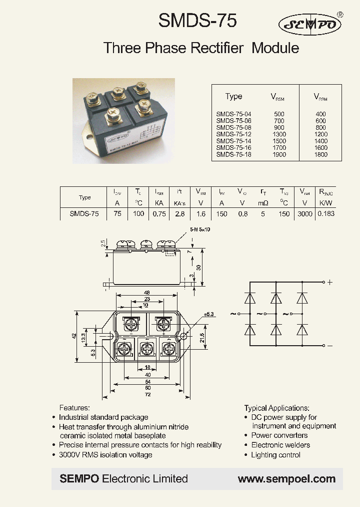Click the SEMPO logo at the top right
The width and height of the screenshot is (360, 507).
coord(310,24)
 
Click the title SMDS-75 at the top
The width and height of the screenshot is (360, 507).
coord(197,21)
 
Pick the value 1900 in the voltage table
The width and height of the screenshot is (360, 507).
coord(279,155)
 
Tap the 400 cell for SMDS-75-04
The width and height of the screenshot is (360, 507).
coord(320,114)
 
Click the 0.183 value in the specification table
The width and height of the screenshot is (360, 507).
coord(325,213)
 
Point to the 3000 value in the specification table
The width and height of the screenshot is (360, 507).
coord(304,213)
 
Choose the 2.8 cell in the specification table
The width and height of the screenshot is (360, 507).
coord(179,213)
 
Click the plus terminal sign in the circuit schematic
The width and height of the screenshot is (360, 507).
coord(329,282)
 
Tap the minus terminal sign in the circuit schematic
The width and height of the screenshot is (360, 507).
coord(329,346)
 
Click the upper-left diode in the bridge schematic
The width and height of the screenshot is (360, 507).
coord(250,298)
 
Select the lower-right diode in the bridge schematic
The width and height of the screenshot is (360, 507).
coord(301,330)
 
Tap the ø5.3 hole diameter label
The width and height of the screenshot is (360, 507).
coord(208,314)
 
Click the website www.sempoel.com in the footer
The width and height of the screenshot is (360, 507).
coord(286,479)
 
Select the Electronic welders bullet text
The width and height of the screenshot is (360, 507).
coord(280,445)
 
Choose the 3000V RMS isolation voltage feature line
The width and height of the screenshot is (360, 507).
coord(105,454)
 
